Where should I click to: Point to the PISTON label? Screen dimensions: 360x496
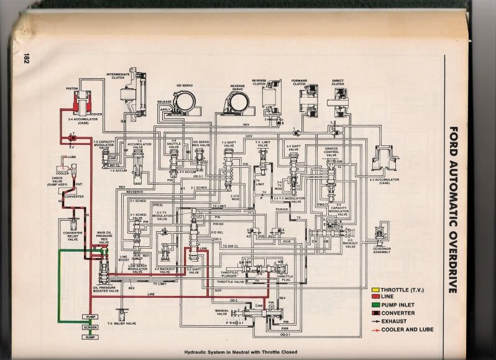coord(71,89)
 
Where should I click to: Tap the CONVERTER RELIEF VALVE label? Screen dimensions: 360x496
coord(73,238)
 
